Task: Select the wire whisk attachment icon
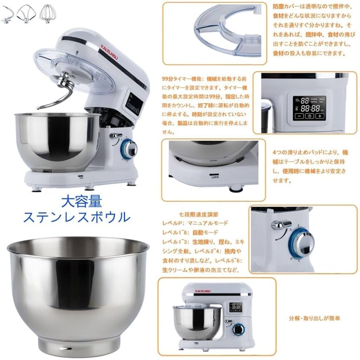(48, 12)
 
